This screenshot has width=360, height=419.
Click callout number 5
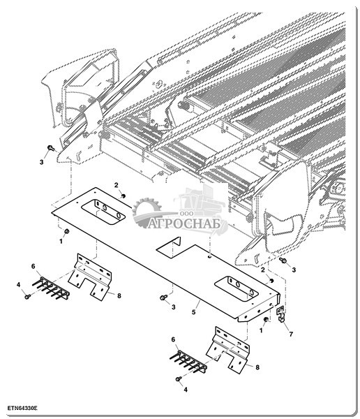194,312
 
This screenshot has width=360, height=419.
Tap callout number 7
291,334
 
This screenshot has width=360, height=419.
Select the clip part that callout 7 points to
280,314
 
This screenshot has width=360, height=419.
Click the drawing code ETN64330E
22,409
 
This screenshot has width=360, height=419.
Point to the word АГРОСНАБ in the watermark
184,223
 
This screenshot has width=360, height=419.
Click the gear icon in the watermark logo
147,211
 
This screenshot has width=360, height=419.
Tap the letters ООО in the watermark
183,214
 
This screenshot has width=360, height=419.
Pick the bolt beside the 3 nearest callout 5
163,297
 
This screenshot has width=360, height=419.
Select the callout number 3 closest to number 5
174,307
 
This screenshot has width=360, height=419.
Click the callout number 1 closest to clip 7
261,330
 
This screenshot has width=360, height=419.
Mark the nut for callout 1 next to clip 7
266,320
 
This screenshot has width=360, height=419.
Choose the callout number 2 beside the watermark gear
117,185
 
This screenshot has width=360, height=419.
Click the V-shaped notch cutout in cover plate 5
172,247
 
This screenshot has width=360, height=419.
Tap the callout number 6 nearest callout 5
173,339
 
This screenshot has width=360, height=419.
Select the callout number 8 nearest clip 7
257,367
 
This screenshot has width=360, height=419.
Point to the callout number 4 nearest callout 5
186,390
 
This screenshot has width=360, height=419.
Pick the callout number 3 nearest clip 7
294,270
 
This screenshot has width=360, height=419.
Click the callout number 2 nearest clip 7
263,270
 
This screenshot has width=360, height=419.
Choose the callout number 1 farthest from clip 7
61,242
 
